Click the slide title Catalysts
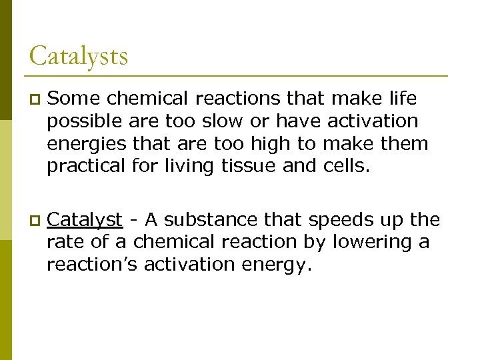[x=79, y=55]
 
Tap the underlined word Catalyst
[x=85, y=219]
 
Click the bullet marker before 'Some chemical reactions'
[x=34, y=100]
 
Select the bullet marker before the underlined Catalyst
[x=34, y=220]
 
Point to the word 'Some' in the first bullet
[x=74, y=99]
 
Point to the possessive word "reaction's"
[x=93, y=264]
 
